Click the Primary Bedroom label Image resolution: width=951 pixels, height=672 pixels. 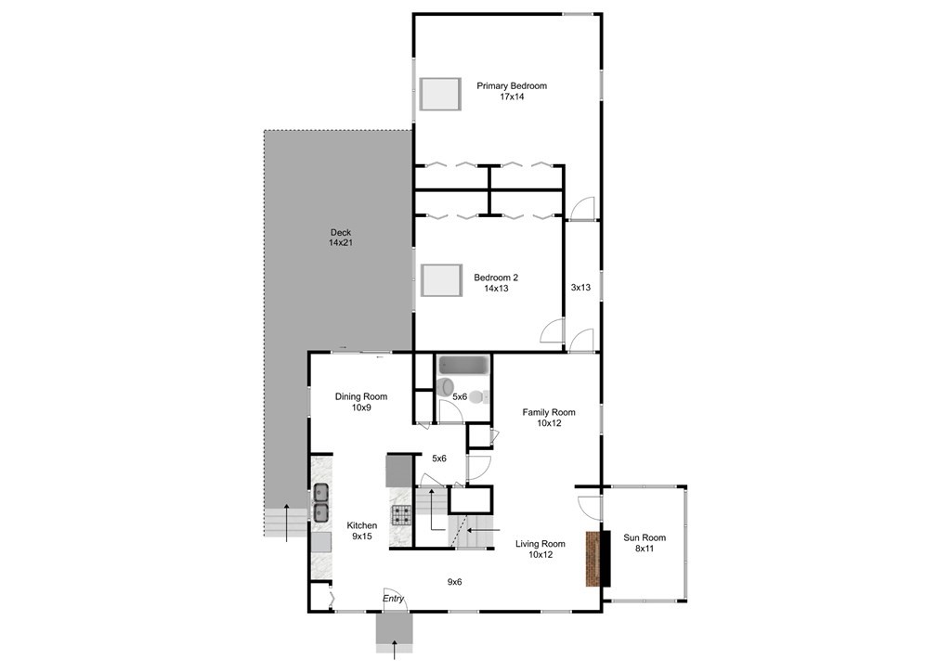(512, 91)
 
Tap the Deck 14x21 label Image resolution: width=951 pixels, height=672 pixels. (341, 238)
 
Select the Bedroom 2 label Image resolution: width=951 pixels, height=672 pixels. (496, 282)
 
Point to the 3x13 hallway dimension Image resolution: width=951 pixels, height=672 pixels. (580, 288)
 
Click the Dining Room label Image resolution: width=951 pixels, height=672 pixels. (361, 402)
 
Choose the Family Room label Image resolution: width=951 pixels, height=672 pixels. (549, 418)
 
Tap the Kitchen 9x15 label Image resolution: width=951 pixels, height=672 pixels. (362, 530)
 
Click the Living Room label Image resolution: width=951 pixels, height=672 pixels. (541, 549)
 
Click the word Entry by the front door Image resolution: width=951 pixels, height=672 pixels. (394, 600)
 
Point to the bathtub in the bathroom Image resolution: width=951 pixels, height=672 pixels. (462, 366)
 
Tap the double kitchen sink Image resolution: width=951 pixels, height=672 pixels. (320, 502)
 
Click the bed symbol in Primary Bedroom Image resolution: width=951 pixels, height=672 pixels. (440, 94)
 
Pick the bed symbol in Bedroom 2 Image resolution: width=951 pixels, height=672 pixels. (440, 279)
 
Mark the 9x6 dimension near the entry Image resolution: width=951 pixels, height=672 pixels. (454, 582)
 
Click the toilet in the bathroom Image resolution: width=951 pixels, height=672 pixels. (448, 387)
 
